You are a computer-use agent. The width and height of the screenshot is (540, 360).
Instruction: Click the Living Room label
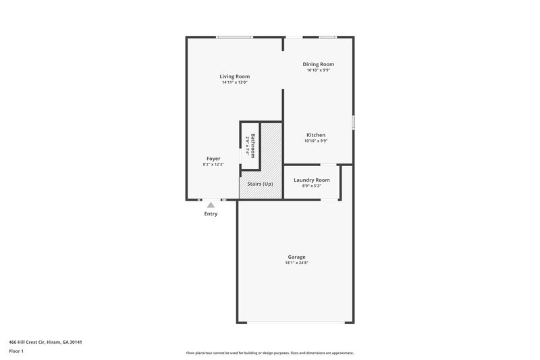(x=234, y=76)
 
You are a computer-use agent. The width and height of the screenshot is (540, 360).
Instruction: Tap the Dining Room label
(x=319, y=64)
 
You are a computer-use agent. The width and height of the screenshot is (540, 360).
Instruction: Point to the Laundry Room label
(x=312, y=180)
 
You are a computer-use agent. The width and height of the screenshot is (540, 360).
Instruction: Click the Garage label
(x=296, y=257)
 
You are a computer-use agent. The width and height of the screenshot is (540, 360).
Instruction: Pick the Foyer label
(x=213, y=158)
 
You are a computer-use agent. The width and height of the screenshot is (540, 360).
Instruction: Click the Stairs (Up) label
(x=261, y=184)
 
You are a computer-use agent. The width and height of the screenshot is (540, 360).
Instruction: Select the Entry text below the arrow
(x=211, y=214)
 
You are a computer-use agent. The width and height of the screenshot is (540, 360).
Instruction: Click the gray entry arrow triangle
(x=211, y=205)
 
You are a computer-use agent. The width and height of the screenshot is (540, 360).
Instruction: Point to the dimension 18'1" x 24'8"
(x=296, y=263)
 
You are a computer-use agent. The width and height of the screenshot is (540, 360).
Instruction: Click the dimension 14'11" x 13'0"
(x=234, y=82)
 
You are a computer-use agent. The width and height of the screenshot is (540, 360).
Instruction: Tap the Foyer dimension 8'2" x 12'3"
(x=213, y=164)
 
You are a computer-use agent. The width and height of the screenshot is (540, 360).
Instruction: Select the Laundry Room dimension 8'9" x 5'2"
(x=312, y=186)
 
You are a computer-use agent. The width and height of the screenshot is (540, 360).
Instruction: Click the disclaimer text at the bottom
(x=269, y=353)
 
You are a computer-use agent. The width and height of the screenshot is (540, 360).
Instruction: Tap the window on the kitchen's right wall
(x=353, y=122)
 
